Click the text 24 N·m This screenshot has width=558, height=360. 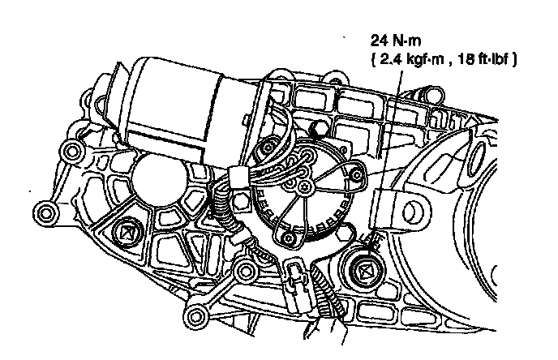(396, 41)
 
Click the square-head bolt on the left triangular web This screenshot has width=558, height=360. (125, 234)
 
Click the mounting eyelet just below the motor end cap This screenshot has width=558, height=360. (72, 152)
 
